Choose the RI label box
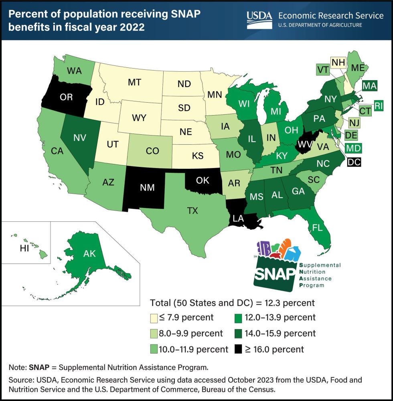(x=378, y=105)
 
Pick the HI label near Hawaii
(x=25, y=249)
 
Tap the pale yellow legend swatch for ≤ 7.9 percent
(x=154, y=318)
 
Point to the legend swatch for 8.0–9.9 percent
(x=154, y=334)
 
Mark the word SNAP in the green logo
(x=275, y=276)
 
